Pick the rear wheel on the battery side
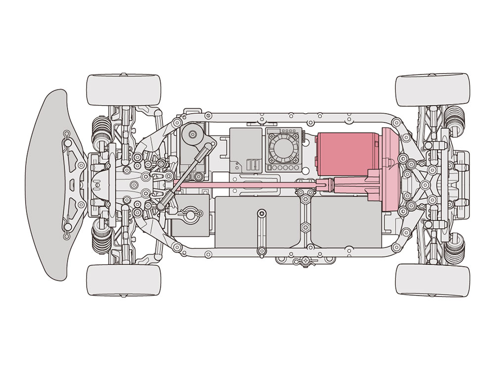(432, 280)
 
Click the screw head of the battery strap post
(261, 213)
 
